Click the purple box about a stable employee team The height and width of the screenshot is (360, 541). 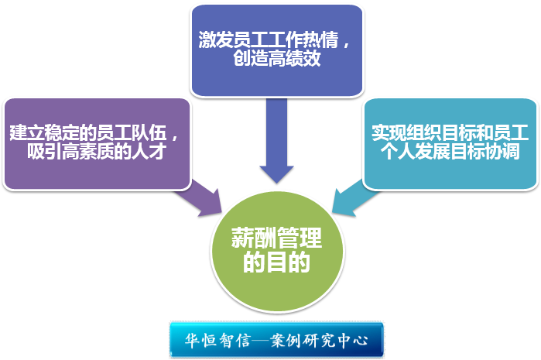pos(97,143)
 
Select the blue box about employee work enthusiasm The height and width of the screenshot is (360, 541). pos(276,50)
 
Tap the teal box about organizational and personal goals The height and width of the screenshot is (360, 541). pos(450,143)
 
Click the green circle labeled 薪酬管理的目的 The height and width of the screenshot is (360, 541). pos(276,252)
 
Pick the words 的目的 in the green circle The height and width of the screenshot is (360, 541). pos(276,264)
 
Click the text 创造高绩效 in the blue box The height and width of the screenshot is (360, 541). pos(276,60)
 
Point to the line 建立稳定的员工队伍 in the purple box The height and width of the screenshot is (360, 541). pos(91,132)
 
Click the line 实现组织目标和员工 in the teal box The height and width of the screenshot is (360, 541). pos(450,132)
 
